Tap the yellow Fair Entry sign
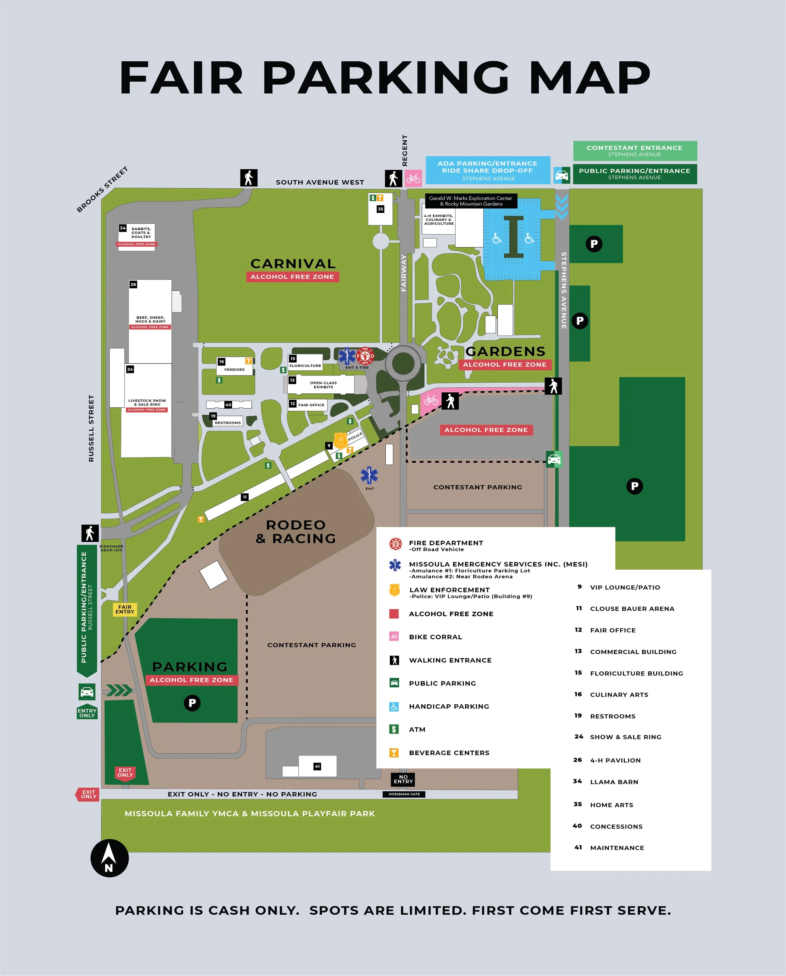tap(125, 609)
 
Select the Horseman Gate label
tap(404, 794)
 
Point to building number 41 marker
tap(318, 766)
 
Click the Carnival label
tap(293, 263)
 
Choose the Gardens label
tap(505, 351)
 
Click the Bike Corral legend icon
tap(394, 636)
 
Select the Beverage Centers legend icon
tap(394, 753)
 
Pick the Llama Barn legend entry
tap(614, 782)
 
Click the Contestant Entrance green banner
tap(635, 151)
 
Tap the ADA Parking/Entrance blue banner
tap(488, 170)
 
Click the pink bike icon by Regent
tap(413, 179)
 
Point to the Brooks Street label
tap(102, 189)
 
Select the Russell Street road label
tap(91, 428)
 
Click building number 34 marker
tap(123, 228)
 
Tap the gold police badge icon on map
tap(340, 440)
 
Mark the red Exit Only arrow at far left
tap(87, 795)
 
